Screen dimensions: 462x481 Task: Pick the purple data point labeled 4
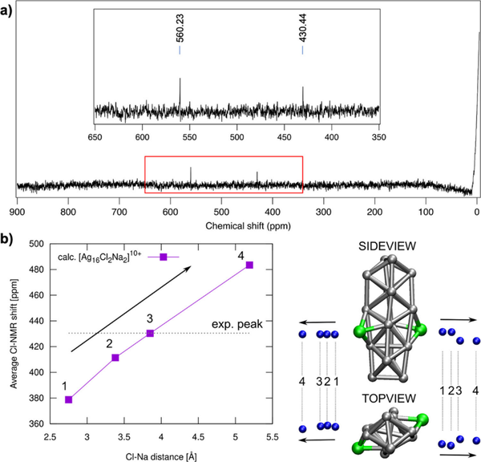point(249,265)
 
